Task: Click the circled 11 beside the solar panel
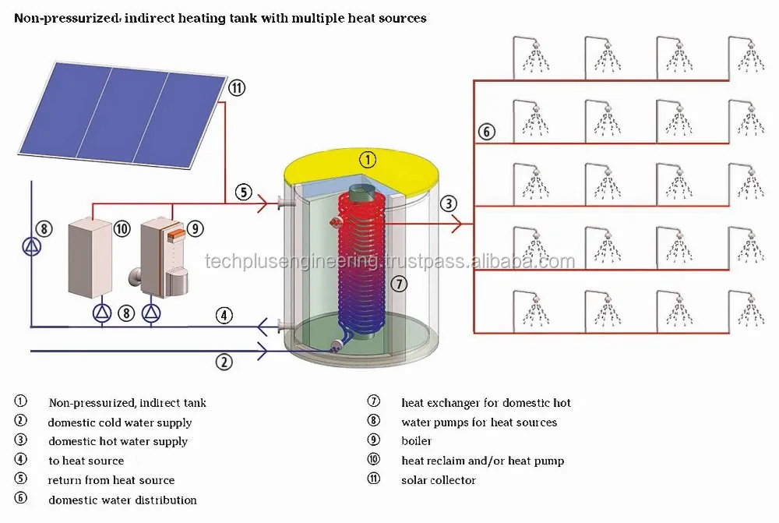(x=237, y=89)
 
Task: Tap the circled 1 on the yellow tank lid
(x=368, y=160)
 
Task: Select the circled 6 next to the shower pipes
(x=486, y=132)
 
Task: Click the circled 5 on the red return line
(x=244, y=193)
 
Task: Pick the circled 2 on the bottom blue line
(x=224, y=362)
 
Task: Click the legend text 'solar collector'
(x=438, y=480)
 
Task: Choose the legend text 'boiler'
(x=416, y=441)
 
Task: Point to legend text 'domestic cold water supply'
(x=119, y=422)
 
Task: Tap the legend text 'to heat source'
(x=86, y=461)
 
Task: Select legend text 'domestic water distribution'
(x=122, y=500)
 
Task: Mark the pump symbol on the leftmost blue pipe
(x=30, y=246)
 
